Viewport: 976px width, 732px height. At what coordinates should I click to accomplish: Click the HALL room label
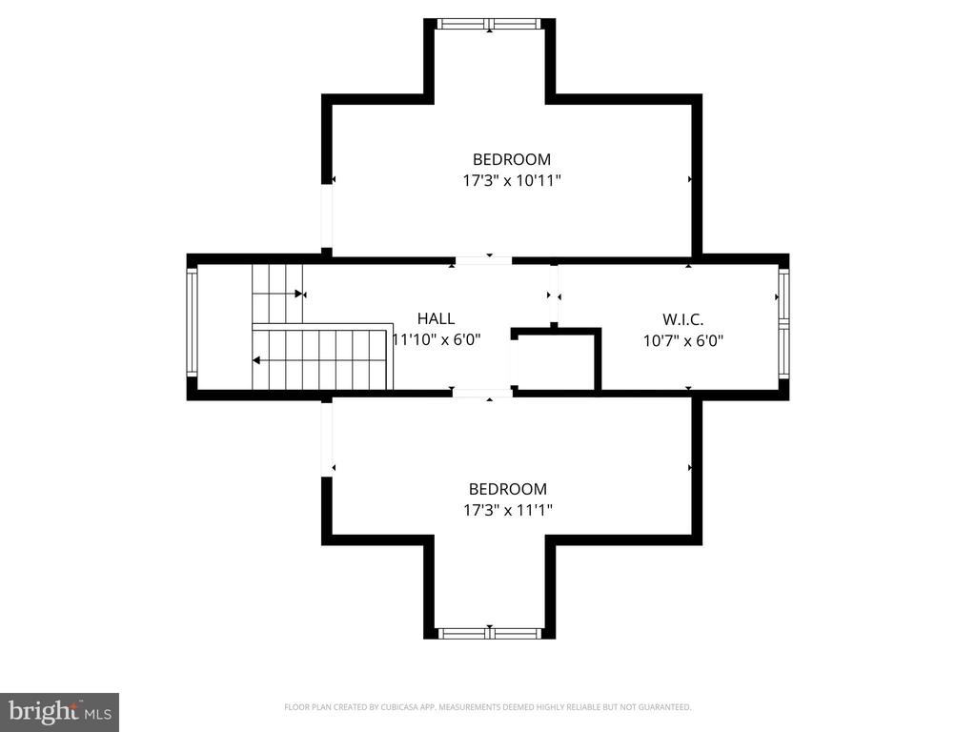pyautogui.click(x=436, y=318)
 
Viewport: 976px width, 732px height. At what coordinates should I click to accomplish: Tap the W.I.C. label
pyautogui.click(x=682, y=320)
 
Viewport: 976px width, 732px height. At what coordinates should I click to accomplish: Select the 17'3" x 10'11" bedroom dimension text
pyautogui.click(x=512, y=181)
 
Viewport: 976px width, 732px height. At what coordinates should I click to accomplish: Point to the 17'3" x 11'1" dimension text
pyautogui.click(x=508, y=511)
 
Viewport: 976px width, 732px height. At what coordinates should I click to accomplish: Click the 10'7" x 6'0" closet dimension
pyautogui.click(x=682, y=341)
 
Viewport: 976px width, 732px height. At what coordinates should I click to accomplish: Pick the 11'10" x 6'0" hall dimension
pyautogui.click(x=437, y=340)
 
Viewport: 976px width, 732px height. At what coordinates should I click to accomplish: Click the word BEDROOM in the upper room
pyautogui.click(x=512, y=159)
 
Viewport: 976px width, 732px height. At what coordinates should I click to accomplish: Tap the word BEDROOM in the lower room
pyautogui.click(x=508, y=489)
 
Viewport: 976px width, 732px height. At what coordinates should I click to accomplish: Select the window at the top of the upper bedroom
pyautogui.click(x=489, y=24)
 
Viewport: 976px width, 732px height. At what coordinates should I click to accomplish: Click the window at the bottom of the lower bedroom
pyautogui.click(x=489, y=634)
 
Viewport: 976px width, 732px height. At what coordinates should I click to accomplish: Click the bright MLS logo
pyautogui.click(x=60, y=712)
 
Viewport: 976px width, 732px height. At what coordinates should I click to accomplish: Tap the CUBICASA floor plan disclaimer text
pyautogui.click(x=487, y=707)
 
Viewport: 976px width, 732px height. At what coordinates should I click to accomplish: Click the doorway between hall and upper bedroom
pyautogui.click(x=484, y=261)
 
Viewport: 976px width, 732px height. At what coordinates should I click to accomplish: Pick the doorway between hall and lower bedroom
pyautogui.click(x=483, y=393)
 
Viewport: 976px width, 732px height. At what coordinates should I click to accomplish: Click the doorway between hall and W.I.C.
pyautogui.click(x=554, y=294)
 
